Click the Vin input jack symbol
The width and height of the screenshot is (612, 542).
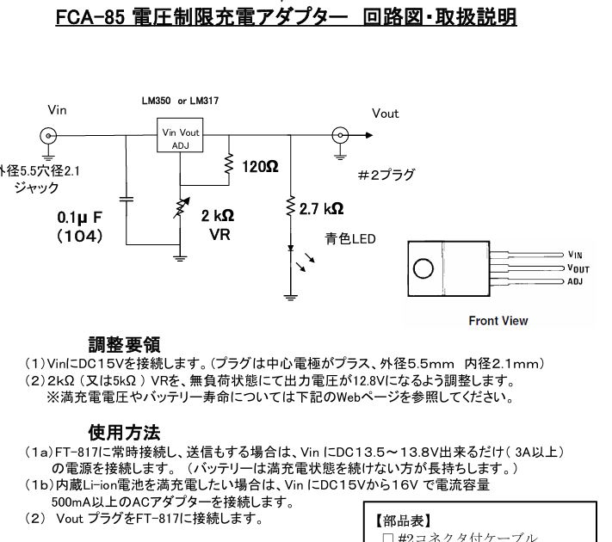(x=49, y=135)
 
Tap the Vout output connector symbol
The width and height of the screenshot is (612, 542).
(x=342, y=135)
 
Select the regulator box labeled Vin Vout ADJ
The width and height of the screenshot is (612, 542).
(x=180, y=138)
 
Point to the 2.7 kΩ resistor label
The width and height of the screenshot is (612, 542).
(x=321, y=208)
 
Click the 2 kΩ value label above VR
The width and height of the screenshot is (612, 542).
(x=218, y=214)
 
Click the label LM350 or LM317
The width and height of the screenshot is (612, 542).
(x=180, y=101)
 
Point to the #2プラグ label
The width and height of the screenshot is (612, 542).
(x=385, y=176)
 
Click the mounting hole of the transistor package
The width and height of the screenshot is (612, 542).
(x=425, y=268)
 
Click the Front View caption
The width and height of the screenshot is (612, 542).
(x=498, y=321)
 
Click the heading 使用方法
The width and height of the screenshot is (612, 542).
(x=124, y=430)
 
